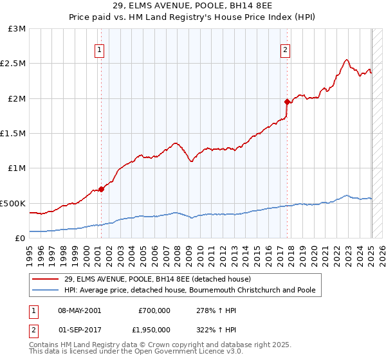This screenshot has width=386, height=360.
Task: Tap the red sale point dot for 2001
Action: [101, 189]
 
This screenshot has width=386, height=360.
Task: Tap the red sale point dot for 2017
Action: [287, 102]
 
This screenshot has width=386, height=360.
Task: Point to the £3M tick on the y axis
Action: [17, 29]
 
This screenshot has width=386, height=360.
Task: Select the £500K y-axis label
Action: [13, 203]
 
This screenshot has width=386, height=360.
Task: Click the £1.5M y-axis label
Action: [14, 134]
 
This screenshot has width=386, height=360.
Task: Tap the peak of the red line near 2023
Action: [347, 60]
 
